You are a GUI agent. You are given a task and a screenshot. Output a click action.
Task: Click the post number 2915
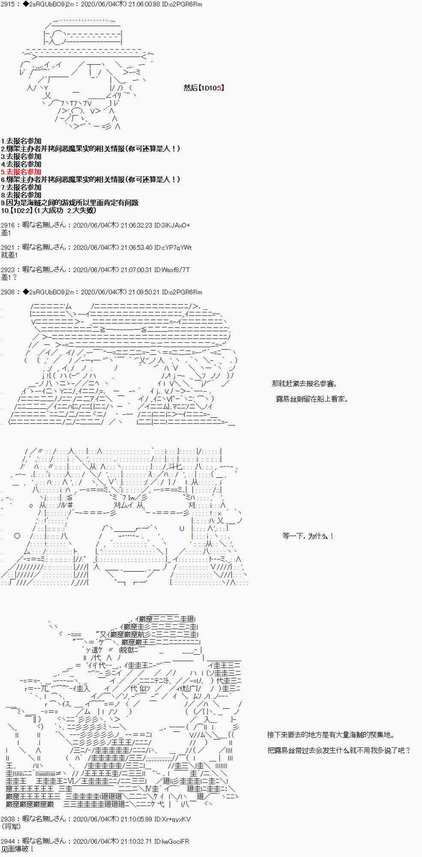click(x=8, y=4)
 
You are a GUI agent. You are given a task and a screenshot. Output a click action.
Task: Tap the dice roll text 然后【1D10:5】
click(x=204, y=88)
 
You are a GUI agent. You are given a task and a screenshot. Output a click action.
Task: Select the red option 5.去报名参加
click(x=21, y=172)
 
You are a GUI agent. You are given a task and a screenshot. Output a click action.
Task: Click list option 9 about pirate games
click(x=70, y=203)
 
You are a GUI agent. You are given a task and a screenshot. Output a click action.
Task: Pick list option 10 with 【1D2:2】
click(x=48, y=210)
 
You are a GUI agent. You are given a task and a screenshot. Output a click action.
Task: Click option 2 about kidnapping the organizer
click(x=90, y=149)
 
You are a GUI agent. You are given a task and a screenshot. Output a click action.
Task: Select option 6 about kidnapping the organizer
click(x=90, y=180)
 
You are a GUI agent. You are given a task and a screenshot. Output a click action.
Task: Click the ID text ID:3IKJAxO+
click(x=172, y=225)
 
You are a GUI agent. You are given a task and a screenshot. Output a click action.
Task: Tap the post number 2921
click(x=8, y=247)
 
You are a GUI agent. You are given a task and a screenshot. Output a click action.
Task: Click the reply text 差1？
click(x=9, y=277)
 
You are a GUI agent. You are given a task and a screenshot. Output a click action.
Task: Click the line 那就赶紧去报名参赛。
click(x=305, y=384)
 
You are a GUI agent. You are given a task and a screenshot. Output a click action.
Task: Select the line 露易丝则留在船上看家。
click(x=312, y=399)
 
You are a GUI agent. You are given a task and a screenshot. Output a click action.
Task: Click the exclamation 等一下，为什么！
click(x=308, y=536)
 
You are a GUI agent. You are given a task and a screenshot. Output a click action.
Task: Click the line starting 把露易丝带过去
click(x=339, y=750)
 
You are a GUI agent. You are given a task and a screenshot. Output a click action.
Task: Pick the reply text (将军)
click(x=11, y=827)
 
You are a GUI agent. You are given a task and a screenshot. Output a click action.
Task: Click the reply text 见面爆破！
click(x=18, y=849)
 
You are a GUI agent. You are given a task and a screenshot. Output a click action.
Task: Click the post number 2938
click(x=8, y=819)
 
